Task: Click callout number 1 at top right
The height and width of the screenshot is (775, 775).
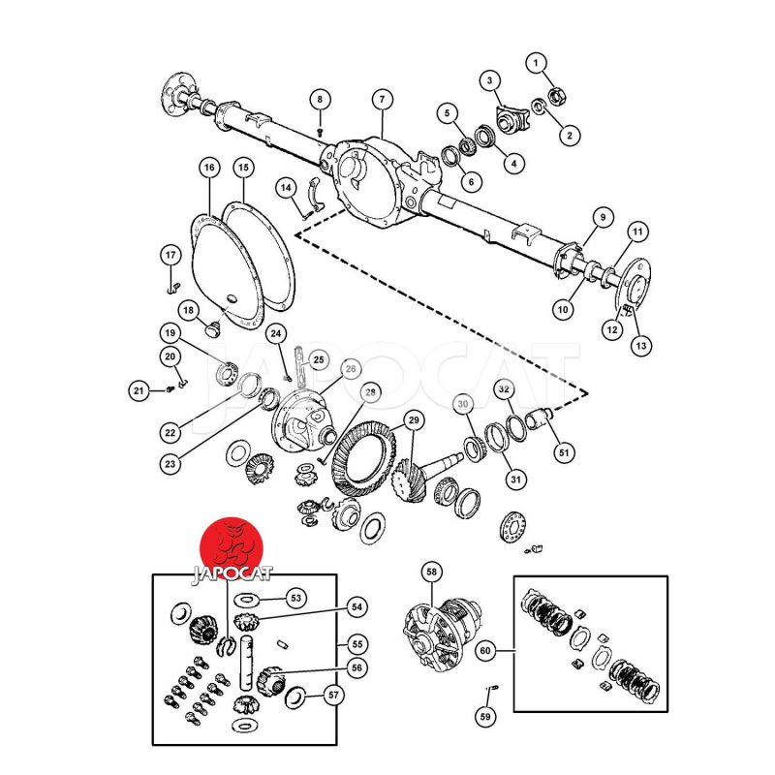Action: click(x=536, y=63)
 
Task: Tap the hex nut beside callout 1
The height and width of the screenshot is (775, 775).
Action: click(x=557, y=95)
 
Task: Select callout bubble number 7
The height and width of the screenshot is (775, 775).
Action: click(x=382, y=100)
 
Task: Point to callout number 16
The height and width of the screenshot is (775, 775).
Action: click(x=209, y=168)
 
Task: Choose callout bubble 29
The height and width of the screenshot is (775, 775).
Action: click(x=414, y=420)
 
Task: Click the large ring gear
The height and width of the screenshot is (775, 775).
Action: click(x=364, y=459)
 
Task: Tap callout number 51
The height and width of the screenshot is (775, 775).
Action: click(x=564, y=452)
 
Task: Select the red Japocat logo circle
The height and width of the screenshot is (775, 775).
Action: click(x=231, y=548)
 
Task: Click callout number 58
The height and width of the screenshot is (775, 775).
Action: click(x=432, y=573)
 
